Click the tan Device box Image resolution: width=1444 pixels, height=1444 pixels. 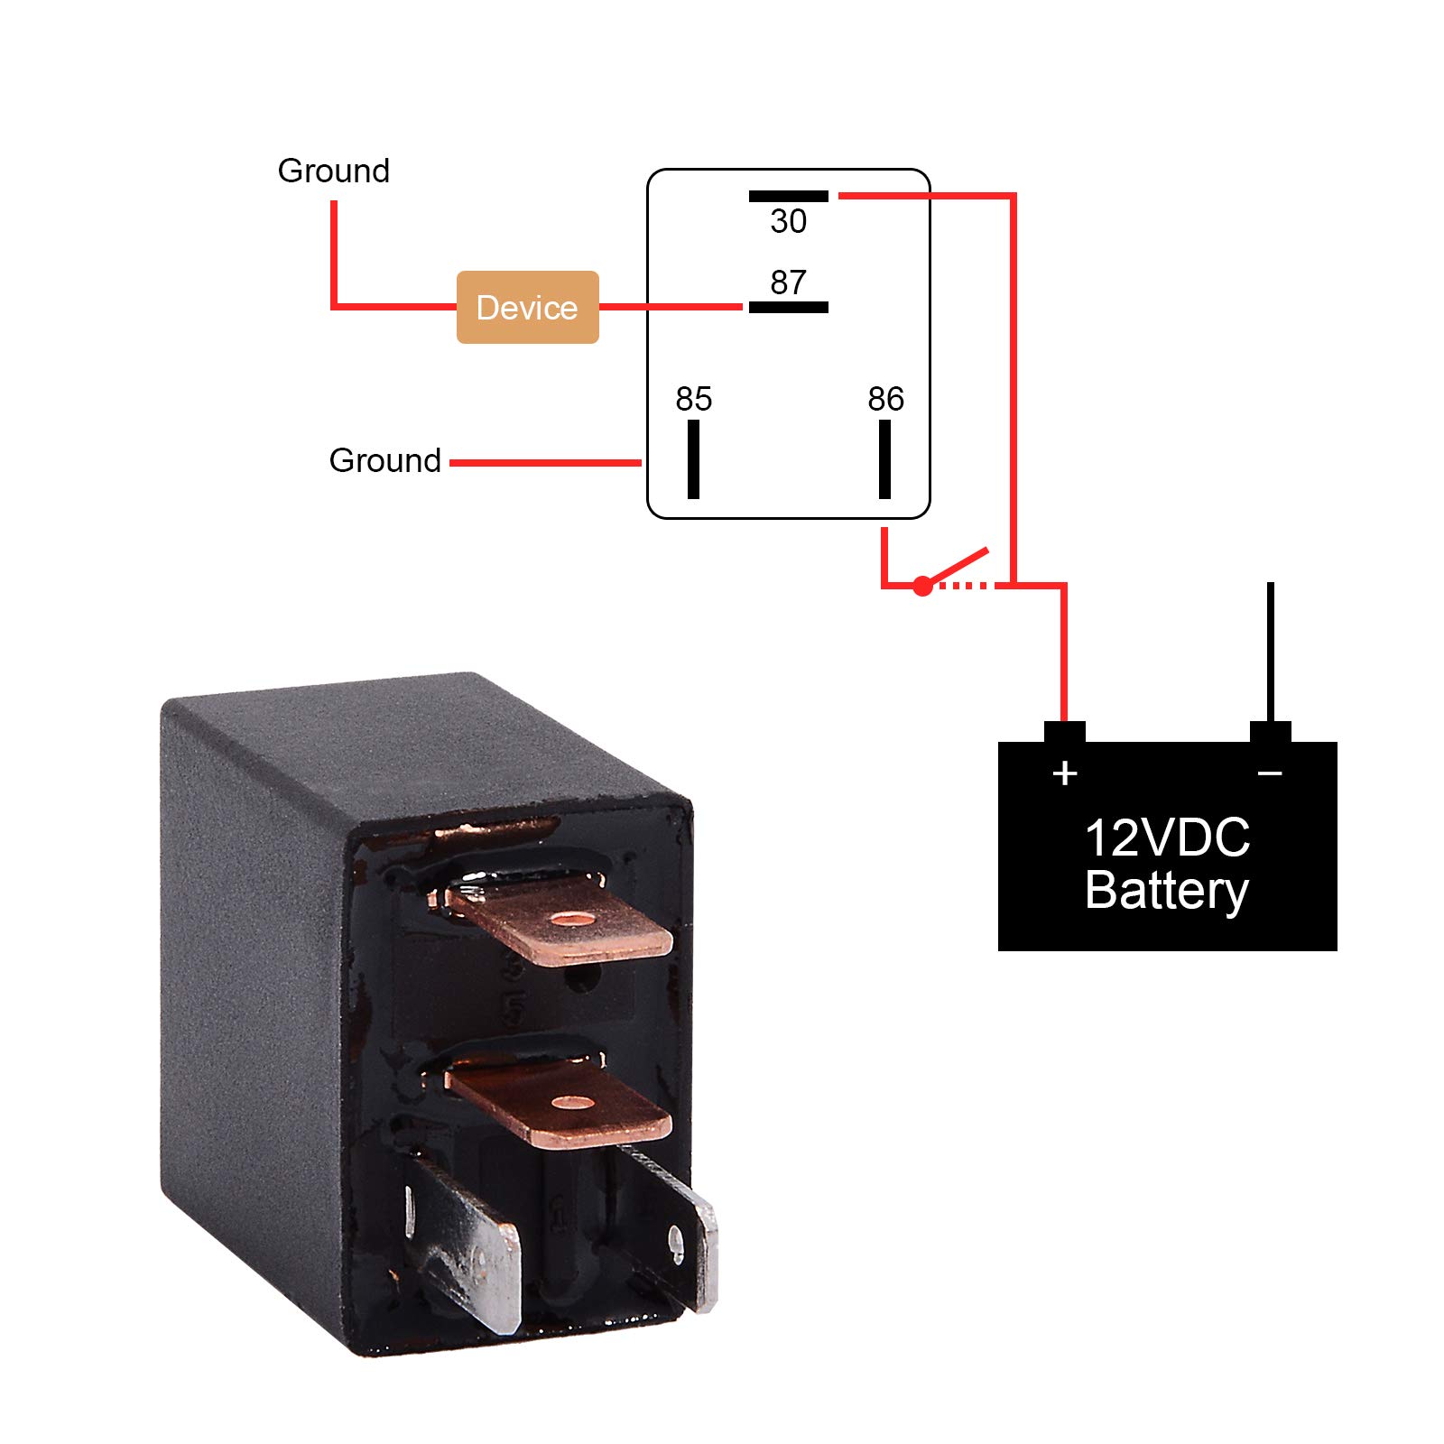click(527, 307)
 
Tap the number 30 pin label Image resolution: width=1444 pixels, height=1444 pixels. click(788, 221)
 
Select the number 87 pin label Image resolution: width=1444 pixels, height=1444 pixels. click(788, 282)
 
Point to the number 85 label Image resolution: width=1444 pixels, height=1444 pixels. click(693, 399)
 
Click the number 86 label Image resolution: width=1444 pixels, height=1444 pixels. click(885, 399)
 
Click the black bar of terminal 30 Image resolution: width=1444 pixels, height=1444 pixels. click(788, 196)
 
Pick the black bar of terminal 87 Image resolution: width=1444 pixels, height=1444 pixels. click(788, 308)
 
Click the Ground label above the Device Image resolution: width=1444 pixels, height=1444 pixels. click(333, 171)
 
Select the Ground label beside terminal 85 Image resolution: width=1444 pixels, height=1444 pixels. click(384, 460)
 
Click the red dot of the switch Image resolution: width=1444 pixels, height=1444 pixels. click(921, 587)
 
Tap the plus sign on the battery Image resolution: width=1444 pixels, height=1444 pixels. click(1065, 773)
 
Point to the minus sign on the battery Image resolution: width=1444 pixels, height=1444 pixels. click(1270, 773)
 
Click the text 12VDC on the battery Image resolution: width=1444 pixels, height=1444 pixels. click(1167, 838)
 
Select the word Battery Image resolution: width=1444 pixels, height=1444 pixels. click(1167, 891)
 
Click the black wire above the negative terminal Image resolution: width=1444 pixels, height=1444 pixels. click(1270, 650)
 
